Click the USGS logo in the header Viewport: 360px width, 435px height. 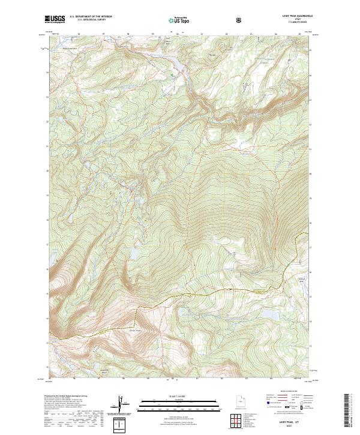[x=55, y=20]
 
